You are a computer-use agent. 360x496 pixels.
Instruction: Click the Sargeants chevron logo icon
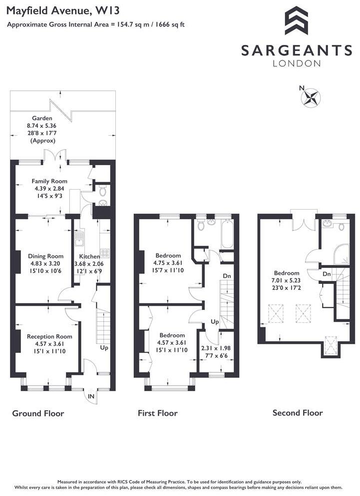click(296, 20)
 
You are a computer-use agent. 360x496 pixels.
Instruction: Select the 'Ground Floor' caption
click(38, 413)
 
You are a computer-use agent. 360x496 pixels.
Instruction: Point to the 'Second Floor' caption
click(297, 413)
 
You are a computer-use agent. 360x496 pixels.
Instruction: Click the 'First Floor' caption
click(157, 413)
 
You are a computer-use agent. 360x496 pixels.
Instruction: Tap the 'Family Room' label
click(49, 181)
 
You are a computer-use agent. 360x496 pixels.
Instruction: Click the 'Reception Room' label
click(46, 336)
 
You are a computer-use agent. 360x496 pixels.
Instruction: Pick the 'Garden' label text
click(42, 118)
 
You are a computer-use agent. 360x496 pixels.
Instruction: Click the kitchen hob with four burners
click(105, 253)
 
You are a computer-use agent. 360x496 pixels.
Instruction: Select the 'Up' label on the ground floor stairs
click(104, 347)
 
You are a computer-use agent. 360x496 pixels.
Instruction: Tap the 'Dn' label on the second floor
click(327, 274)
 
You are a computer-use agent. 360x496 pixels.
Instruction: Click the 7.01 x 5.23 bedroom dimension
click(287, 280)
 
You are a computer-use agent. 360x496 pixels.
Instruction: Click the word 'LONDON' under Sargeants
click(296, 63)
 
